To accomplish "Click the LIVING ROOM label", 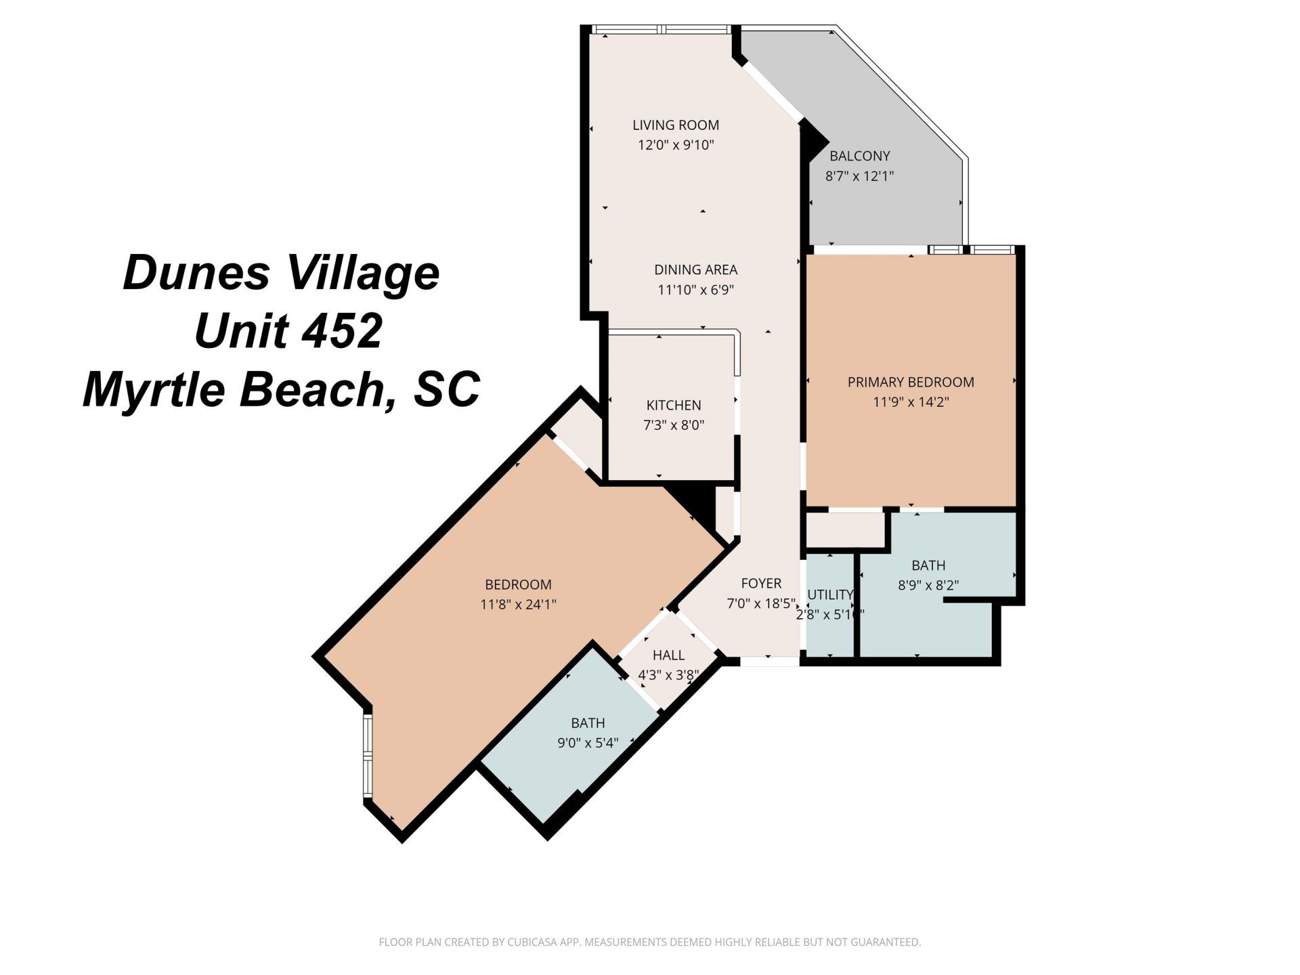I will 675,125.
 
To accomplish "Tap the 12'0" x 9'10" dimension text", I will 675,145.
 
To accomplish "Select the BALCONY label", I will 859,156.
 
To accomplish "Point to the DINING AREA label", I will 695,269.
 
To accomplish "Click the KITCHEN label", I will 673,405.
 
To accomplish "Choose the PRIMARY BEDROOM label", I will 911,382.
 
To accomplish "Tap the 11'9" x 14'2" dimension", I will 911,402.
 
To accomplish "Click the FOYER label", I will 761,583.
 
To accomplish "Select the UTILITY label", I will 829,594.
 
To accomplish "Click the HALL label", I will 668,655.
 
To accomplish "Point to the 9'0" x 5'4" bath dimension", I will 587,743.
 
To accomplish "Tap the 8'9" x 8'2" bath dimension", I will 928,585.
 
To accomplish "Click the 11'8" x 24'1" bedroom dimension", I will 518,604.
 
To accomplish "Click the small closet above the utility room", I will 845,529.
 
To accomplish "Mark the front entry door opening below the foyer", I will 768,662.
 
